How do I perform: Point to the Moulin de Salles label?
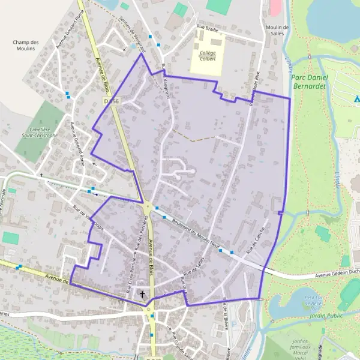tap(276, 31)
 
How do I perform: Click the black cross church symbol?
tap(142, 293)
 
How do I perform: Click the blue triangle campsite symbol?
tap(356, 98)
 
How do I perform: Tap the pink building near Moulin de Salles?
tap(275, 7)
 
